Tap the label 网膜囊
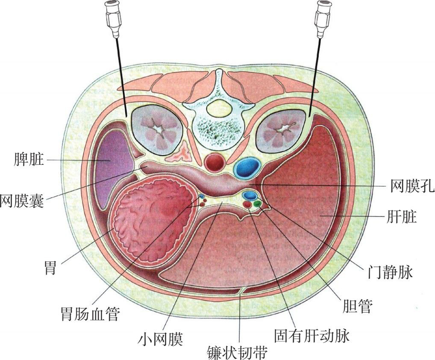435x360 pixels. (x=22, y=199)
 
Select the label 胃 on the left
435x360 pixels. (x=50, y=269)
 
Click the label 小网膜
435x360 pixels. (x=160, y=340)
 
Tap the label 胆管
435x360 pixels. (x=358, y=306)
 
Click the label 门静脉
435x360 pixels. (x=390, y=272)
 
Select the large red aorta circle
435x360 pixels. (x=215, y=163)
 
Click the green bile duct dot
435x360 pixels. (x=257, y=204)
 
